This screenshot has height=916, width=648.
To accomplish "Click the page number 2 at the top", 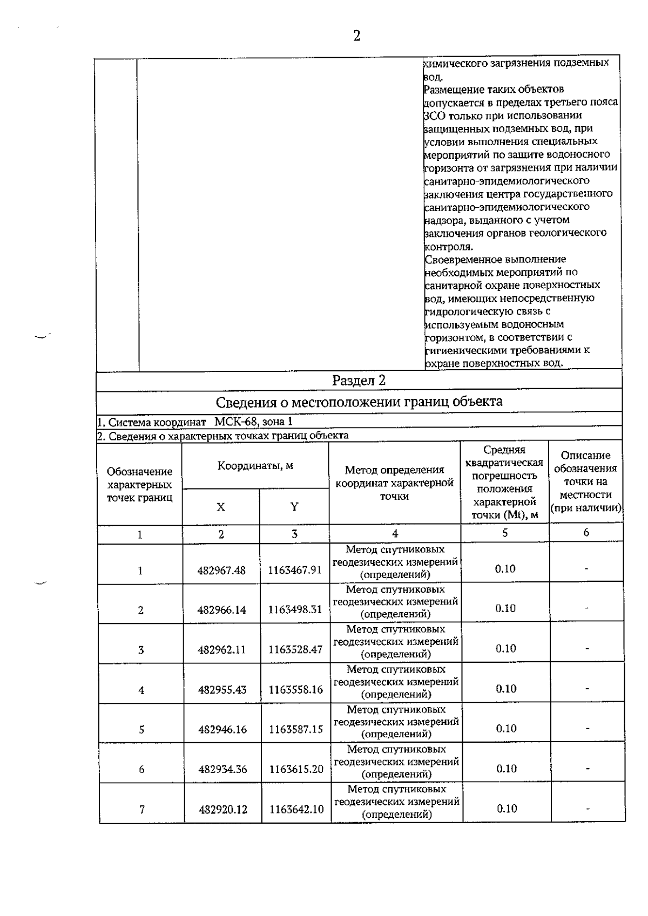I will pyautogui.click(x=356, y=36).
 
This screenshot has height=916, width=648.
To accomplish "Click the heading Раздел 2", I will pyautogui.click(x=359, y=381).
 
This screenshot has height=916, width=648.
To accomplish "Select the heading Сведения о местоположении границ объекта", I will pyautogui.click(x=359, y=402).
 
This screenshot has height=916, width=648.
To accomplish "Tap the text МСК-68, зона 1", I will pyautogui.click(x=254, y=422).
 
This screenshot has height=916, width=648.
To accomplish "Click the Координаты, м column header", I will pyautogui.click(x=255, y=466).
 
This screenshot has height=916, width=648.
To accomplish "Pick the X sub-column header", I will pyautogui.click(x=221, y=507).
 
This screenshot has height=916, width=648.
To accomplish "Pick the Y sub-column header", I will pyautogui.click(x=294, y=507).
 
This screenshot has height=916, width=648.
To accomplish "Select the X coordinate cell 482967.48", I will pyautogui.click(x=221, y=571).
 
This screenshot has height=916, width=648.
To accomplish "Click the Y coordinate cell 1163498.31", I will pyautogui.click(x=295, y=610).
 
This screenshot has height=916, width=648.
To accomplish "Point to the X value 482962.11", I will pyautogui.click(x=222, y=650).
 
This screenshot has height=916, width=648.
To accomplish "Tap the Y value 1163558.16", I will pyautogui.click(x=295, y=690).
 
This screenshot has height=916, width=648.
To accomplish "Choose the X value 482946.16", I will pyautogui.click(x=222, y=730).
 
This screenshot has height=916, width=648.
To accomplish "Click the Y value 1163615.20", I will pyautogui.click(x=296, y=769).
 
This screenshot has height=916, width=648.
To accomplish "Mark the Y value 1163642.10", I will pyautogui.click(x=296, y=809).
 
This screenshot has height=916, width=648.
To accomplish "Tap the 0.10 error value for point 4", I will pyautogui.click(x=506, y=689).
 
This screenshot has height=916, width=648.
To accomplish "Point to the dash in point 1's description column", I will pyautogui.click(x=586, y=569).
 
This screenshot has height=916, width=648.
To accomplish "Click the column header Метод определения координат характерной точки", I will pyautogui.click(x=394, y=483).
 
